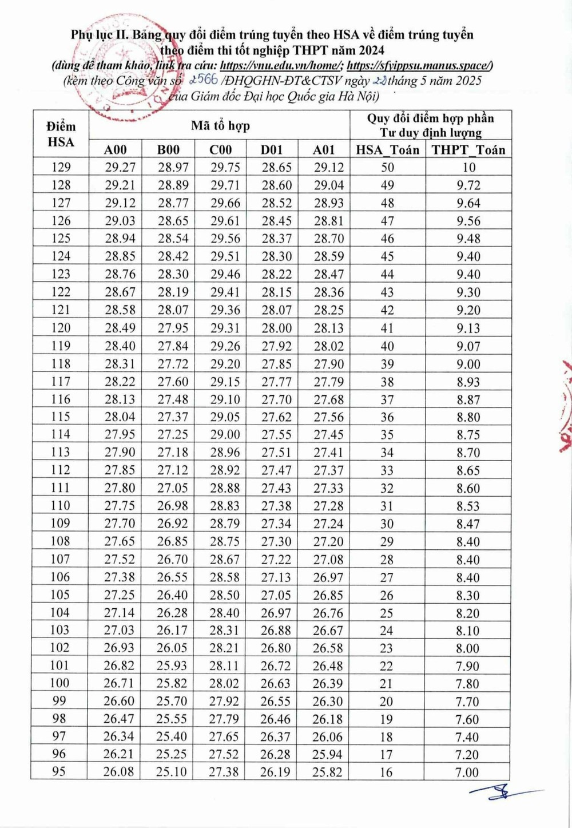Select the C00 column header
coord(220,150)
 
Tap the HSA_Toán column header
coord(387,150)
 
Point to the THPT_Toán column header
coord(468,150)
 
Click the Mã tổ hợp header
coord(220,125)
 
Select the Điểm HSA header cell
coord(61,134)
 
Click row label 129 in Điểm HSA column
coord(61,167)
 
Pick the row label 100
coord(59,683)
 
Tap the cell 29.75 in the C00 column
coord(225,167)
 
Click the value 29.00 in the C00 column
coord(225,434)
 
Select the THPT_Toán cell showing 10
coord(468,168)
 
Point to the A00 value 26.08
coord(118,771)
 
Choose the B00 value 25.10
coord(172,771)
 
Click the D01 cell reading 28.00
coord(276,328)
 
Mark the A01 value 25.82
coord(327,771)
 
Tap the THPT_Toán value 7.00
coord(467,772)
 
